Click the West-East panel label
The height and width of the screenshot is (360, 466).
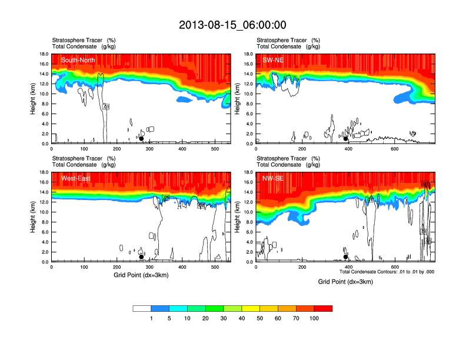click(x=75, y=178)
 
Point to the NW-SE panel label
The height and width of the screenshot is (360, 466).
click(x=274, y=178)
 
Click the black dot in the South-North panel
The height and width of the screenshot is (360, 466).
click(x=141, y=139)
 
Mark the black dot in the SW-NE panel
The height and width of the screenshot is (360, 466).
click(x=345, y=139)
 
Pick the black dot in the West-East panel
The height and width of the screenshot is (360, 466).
click(x=141, y=257)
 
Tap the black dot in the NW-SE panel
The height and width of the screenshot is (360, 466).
click(x=345, y=257)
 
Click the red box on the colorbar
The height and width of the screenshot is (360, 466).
click(x=323, y=308)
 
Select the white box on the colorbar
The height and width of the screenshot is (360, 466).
click(x=142, y=308)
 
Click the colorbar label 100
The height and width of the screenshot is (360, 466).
click(x=314, y=318)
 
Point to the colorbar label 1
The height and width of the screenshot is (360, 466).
click(x=151, y=318)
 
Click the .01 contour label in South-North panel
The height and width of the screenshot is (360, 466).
click(x=106, y=107)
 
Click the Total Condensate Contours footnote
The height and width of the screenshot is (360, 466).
click(x=387, y=272)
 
